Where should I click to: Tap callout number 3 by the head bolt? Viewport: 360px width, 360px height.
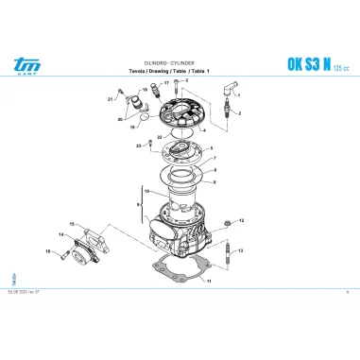187,81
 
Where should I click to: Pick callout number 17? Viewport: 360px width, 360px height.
165,83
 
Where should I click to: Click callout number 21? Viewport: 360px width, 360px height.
110,98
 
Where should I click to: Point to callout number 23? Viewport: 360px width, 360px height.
137,146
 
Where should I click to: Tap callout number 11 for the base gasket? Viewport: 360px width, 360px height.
210,282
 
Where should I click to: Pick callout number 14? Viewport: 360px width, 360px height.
61,233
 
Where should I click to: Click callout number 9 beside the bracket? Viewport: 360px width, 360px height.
138,204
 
